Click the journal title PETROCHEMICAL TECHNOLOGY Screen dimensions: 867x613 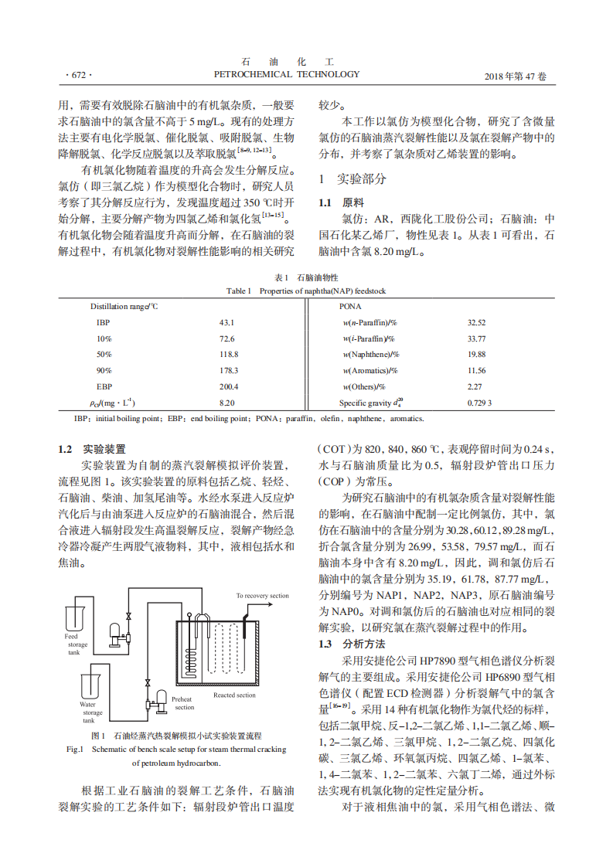coord(286,75)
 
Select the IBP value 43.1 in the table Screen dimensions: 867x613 coord(226,322)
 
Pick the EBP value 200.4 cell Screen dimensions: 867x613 coord(229,386)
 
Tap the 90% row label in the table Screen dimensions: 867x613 coord(104,370)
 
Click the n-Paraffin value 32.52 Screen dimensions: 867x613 coord(476,322)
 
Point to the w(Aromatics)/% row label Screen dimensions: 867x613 coord(370,370)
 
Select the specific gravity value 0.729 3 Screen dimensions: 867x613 coord(479,403)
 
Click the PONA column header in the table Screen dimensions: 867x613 coord(350,306)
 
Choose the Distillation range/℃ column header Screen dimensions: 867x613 coord(124,306)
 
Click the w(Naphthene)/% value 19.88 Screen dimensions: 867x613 coord(476,354)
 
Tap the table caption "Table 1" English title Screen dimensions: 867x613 coord(305,291)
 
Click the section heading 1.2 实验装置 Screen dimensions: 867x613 coord(93,449)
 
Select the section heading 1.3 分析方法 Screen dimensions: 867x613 coord(352,644)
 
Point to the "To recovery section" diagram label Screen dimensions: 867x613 coord(262,596)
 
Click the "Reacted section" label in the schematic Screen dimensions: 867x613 coord(234,695)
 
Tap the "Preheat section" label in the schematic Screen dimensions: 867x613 coord(183,703)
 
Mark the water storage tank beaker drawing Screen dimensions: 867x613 coord(90,685)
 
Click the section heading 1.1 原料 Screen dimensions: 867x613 coord(342,202)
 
